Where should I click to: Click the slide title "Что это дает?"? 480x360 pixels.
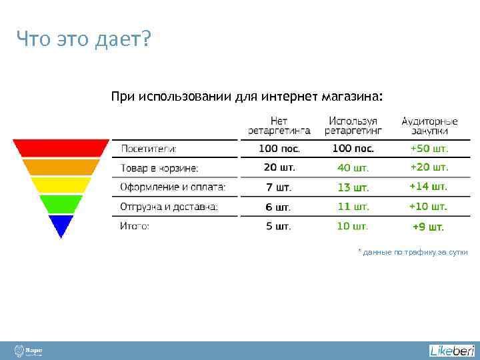coord(84,41)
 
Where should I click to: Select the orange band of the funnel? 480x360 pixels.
coord(61,167)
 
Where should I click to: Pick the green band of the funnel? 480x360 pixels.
coord(61,203)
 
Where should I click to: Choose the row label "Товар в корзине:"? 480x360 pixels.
coord(159,168)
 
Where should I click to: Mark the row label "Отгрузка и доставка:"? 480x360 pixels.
coord(169,207)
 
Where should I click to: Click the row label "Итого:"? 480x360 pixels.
coord(135,226)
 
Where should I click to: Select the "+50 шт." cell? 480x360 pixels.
coord(429,148)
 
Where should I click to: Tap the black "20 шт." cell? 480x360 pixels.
coord(279,167)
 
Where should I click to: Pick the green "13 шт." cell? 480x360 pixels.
coord(353,187)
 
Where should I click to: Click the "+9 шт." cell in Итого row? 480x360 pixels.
coord(428,227)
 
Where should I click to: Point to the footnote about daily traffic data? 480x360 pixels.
coord(413,252)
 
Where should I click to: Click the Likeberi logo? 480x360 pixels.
coord(451,351)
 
